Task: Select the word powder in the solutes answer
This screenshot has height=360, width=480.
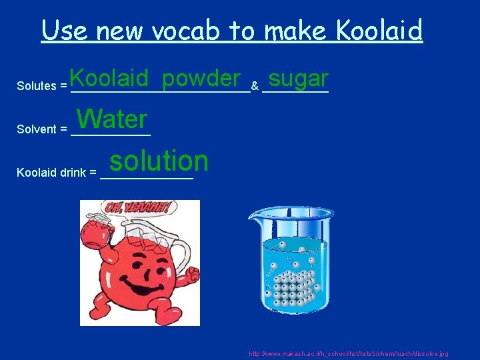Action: point(201,79)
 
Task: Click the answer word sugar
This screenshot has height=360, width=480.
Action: point(299,79)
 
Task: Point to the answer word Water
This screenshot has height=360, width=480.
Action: point(112,119)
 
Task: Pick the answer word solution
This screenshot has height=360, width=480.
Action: point(159,161)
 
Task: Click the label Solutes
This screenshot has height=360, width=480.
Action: point(37,86)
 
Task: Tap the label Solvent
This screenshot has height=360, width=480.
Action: point(37,129)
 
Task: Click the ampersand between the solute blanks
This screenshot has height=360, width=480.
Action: point(255,86)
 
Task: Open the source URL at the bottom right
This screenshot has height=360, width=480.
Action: point(348,353)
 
